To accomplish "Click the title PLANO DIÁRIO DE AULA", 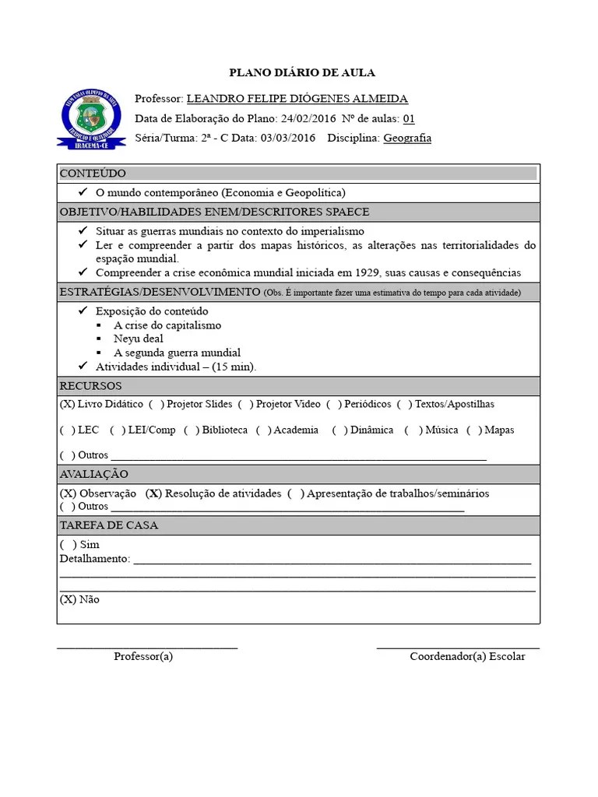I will click(302, 72).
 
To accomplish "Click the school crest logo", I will click(91, 118).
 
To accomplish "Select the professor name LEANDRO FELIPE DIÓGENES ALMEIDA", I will click(297, 99).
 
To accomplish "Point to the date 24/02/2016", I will click(309, 118).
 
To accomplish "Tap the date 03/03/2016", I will click(288, 138).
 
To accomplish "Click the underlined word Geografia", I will click(407, 138).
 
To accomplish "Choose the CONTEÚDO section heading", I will click(93, 173).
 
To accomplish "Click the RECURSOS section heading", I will click(91, 386).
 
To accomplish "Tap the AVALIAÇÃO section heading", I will click(94, 474).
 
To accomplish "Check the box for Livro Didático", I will click(68, 404).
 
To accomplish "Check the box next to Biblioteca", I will click(192, 430).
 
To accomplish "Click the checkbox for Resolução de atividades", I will click(154, 493).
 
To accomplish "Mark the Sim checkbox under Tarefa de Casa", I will click(68, 545).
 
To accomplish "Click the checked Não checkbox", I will click(68, 599).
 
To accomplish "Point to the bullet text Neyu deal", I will click(139, 339).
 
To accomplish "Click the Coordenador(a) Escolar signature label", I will click(467, 656).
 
